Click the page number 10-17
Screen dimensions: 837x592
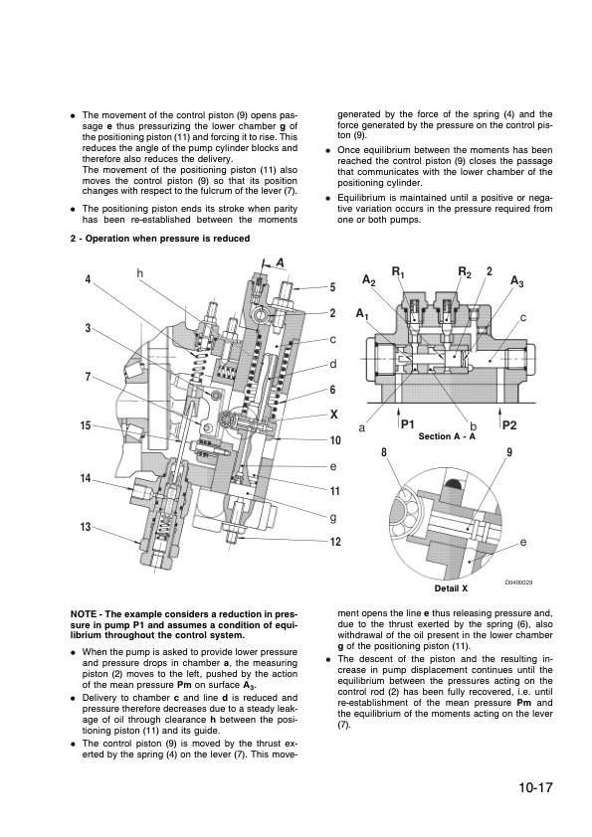click(535, 791)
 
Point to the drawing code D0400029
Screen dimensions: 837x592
click(518, 582)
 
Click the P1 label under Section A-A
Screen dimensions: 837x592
click(407, 424)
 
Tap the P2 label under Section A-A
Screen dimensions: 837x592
click(510, 424)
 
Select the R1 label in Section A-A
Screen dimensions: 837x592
click(398, 271)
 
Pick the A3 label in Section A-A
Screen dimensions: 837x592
click(517, 282)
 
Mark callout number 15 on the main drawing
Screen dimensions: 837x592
click(87, 425)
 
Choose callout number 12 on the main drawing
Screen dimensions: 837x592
click(335, 541)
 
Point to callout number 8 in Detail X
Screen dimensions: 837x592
click(383, 452)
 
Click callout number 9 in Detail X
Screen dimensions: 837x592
click(508, 452)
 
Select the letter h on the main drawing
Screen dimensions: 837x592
click(140, 273)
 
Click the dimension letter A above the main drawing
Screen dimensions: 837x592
click(281, 262)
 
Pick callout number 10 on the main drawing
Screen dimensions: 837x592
click(335, 439)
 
